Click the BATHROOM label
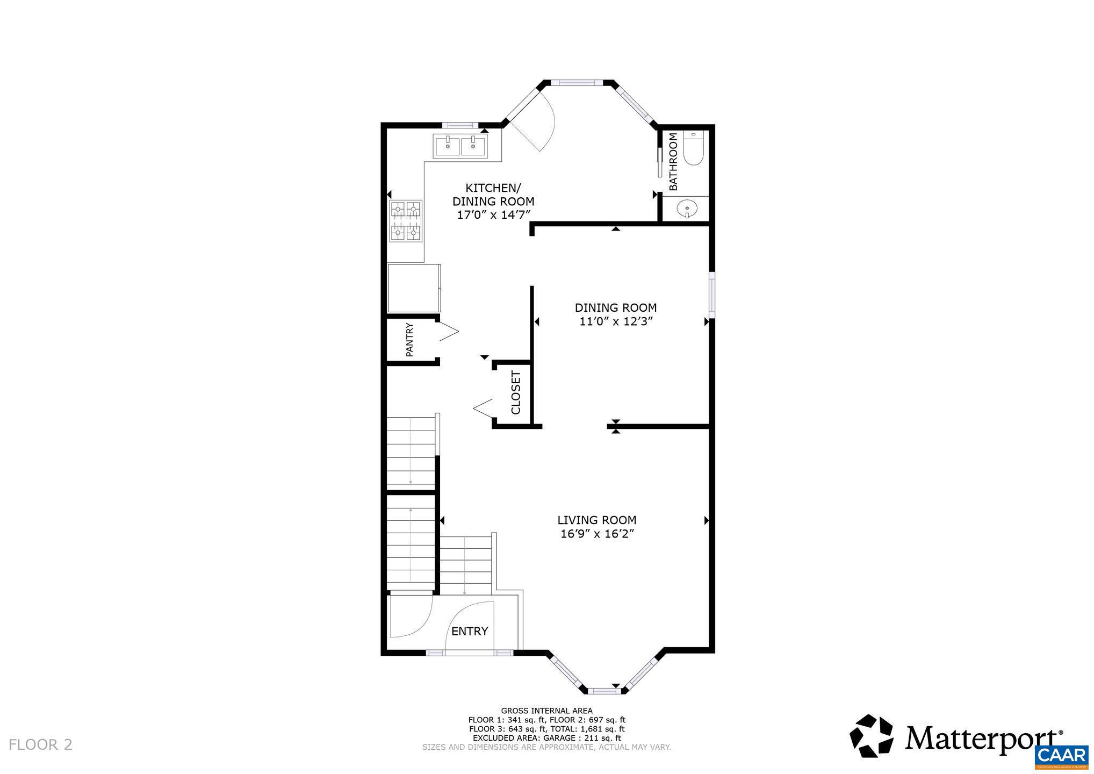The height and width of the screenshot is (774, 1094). coord(673,162)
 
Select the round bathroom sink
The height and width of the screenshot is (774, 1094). coord(686,209)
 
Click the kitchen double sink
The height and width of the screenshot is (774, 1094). coord(460,145)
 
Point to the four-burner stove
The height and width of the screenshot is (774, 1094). coord(406,220)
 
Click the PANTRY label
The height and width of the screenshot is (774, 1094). coord(409,340)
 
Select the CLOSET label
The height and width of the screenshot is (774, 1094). coord(516,392)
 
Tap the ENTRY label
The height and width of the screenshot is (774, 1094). coord(469,631)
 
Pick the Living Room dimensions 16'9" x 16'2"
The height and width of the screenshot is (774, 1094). coord(596,534)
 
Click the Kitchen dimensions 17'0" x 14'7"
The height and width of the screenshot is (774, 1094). coord(493,215)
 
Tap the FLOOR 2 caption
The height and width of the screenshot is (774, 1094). coord(40,745)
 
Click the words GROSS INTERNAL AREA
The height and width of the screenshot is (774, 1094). coord(546,711)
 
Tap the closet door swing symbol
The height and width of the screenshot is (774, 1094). coord(484,408)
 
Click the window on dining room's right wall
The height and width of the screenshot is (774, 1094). coord(711,295)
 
